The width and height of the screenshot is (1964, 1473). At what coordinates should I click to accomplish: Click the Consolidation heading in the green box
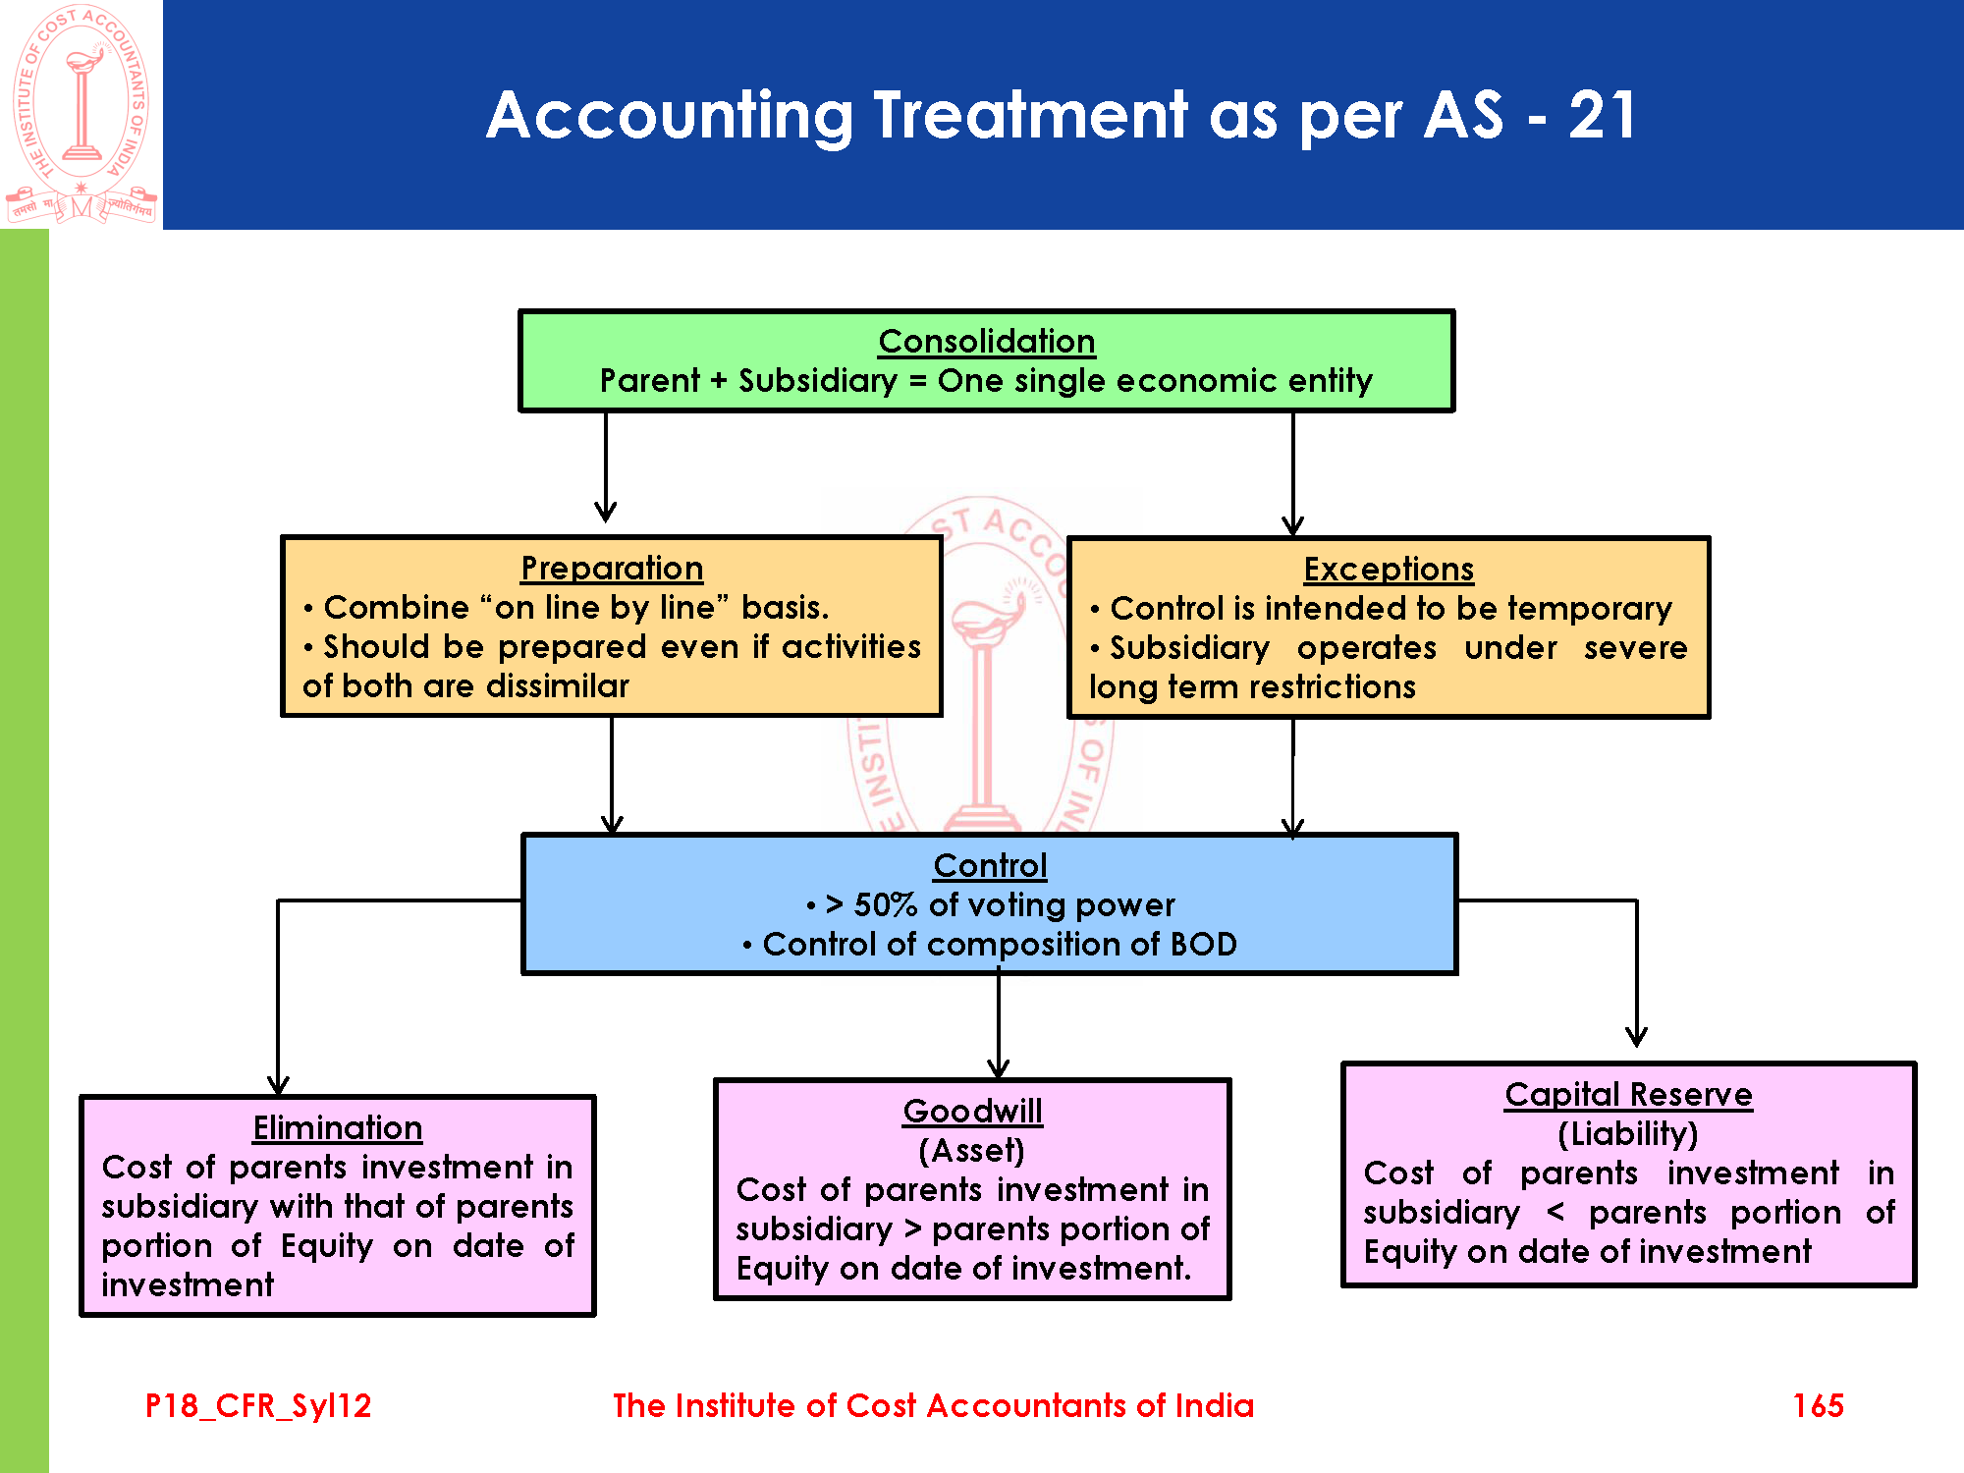pos(986,342)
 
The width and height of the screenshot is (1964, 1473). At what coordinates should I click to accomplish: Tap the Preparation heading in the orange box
pos(612,569)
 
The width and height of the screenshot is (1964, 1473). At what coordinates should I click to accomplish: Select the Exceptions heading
pos(1389,570)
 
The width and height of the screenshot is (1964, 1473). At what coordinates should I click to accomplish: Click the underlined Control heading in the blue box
pos(990,866)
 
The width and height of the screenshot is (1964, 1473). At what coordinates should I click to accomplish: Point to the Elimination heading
pos(338,1128)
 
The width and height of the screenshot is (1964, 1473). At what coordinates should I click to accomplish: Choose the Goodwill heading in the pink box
pos(972,1112)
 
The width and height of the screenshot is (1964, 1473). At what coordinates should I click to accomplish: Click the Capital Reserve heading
pos(1628,1095)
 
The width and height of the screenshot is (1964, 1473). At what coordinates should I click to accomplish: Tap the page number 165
pos(1818,1406)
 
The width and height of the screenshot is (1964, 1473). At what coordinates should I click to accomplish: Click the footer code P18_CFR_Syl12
pos(258,1406)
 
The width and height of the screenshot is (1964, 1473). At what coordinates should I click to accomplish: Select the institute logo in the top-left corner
pos(82,114)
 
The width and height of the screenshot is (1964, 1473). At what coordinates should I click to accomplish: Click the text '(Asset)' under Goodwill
pos(971,1150)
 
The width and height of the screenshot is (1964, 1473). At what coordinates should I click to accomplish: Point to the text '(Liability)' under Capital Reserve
pos(1627,1134)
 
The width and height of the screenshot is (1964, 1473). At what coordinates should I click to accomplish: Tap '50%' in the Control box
pos(885,905)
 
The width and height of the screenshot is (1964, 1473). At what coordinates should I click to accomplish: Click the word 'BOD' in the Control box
pos(1203,945)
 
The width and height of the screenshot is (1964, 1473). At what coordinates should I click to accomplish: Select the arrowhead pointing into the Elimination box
pos(278,1084)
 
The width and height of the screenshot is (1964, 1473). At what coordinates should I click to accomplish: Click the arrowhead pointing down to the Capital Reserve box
pos(1636,1036)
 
